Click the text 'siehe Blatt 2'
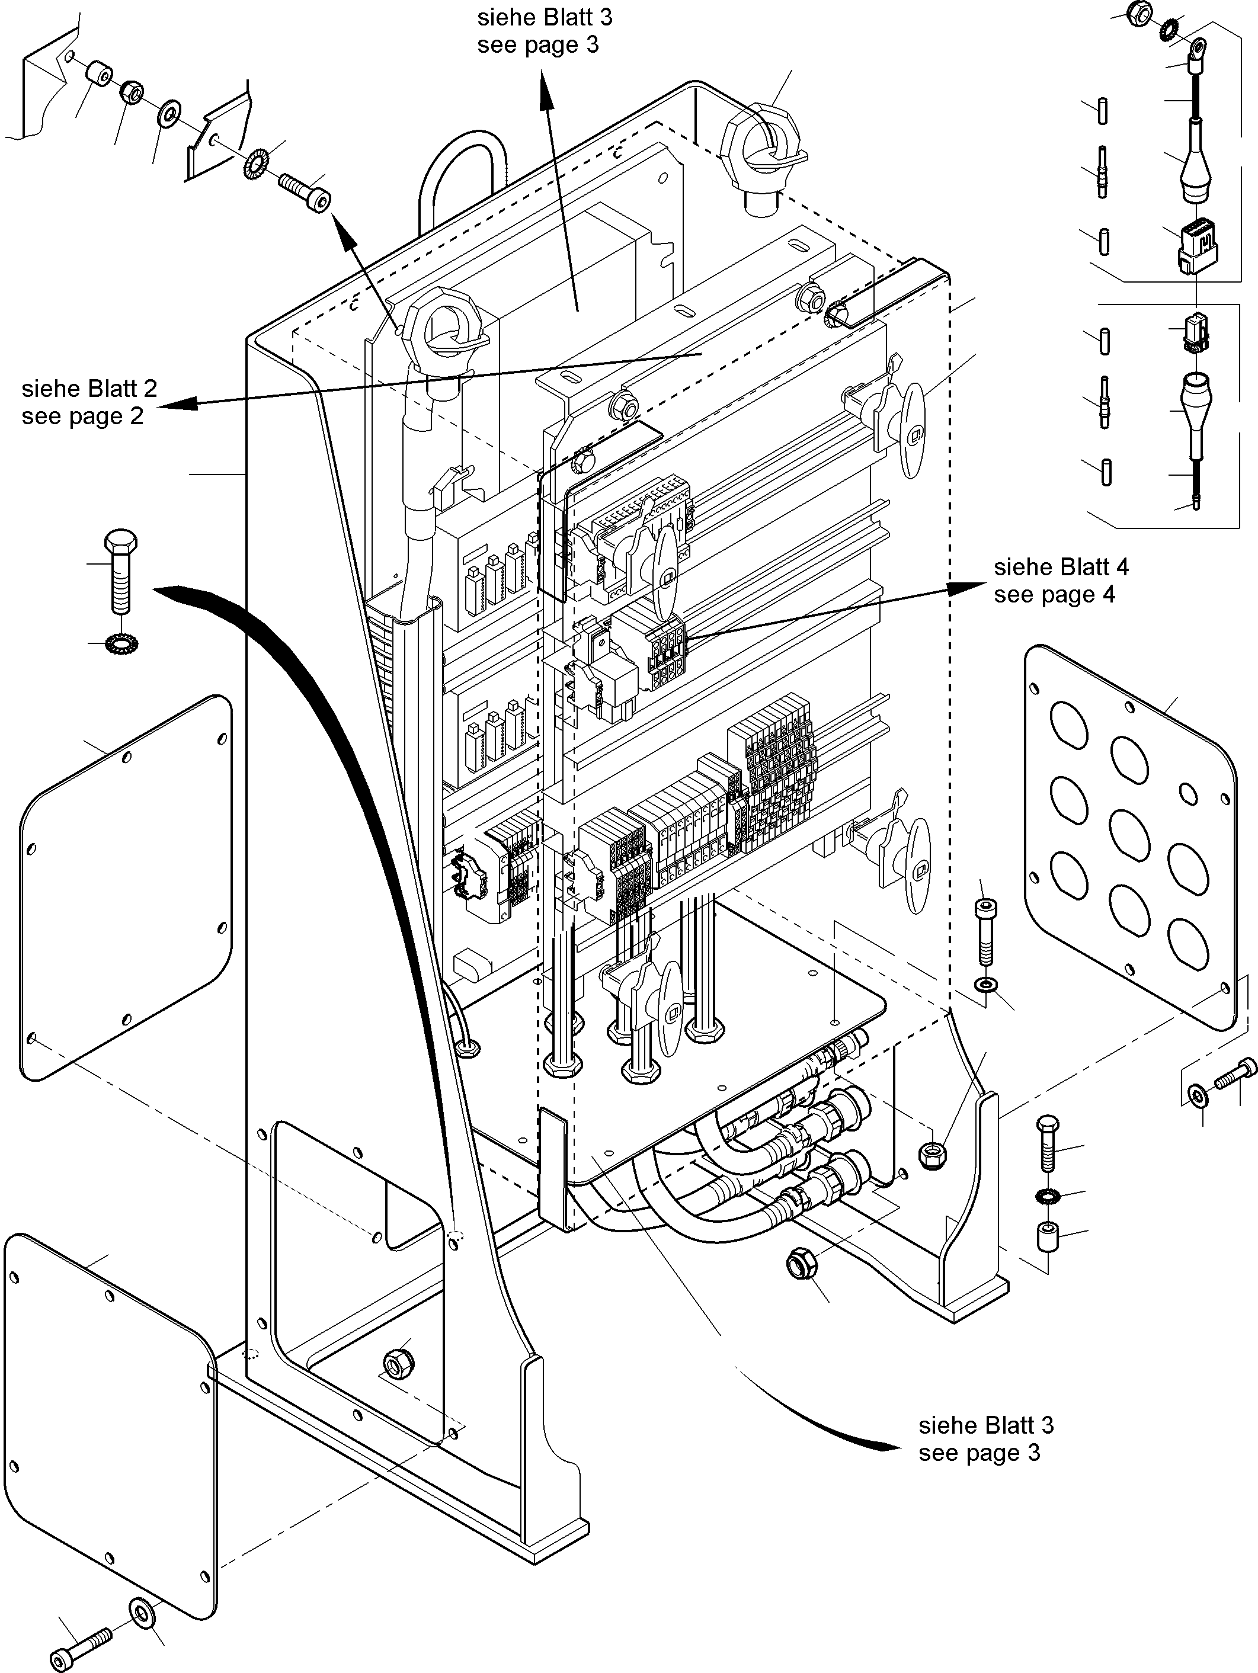pos(89,388)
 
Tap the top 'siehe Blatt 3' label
pos(545,17)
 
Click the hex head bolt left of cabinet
pos(120,571)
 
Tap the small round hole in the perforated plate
pos(1189,793)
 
